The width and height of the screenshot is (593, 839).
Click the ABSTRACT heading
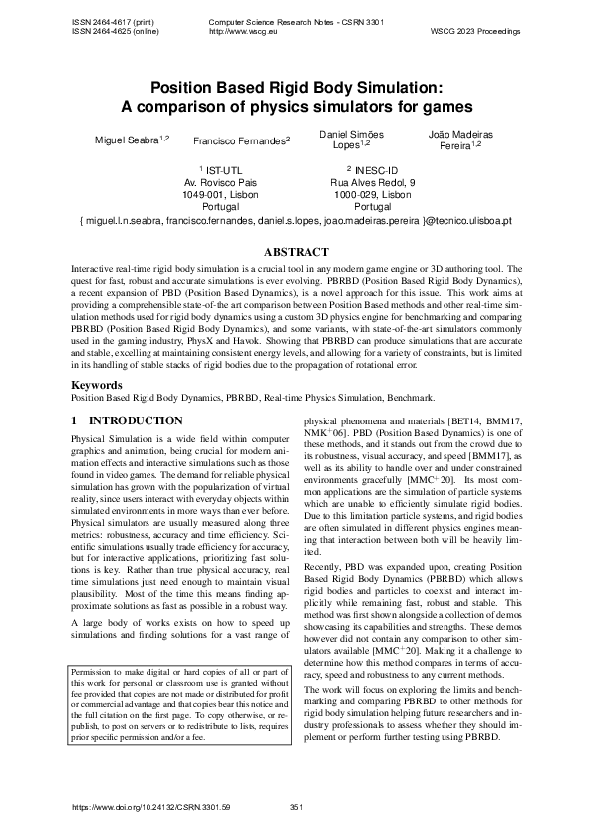(296, 252)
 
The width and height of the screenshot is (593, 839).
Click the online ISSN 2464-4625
(111, 31)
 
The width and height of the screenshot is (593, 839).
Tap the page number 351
(296, 806)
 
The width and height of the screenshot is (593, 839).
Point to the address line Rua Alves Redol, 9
(372, 183)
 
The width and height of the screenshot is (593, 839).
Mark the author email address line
(296, 220)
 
